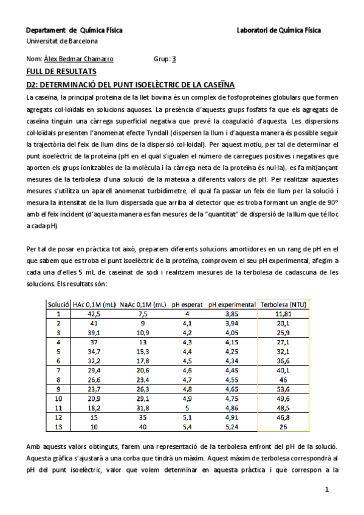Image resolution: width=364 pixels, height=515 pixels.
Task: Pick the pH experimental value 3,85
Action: [x=233, y=314]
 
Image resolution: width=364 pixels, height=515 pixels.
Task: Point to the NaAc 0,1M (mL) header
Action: [x=143, y=304]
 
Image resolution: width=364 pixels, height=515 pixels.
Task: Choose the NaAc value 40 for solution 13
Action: [x=143, y=426]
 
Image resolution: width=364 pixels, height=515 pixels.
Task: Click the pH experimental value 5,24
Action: [x=233, y=426]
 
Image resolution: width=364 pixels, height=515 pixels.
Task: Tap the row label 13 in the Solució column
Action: [x=59, y=426]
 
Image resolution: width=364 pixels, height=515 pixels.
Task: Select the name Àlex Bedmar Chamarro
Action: [x=78, y=60]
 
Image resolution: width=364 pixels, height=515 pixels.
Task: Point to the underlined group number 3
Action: [x=174, y=60]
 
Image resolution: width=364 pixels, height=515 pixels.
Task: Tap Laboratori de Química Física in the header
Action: [x=279, y=30]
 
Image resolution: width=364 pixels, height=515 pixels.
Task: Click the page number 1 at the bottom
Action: [x=327, y=489]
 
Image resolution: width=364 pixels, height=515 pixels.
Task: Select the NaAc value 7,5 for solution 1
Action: [x=143, y=314]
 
